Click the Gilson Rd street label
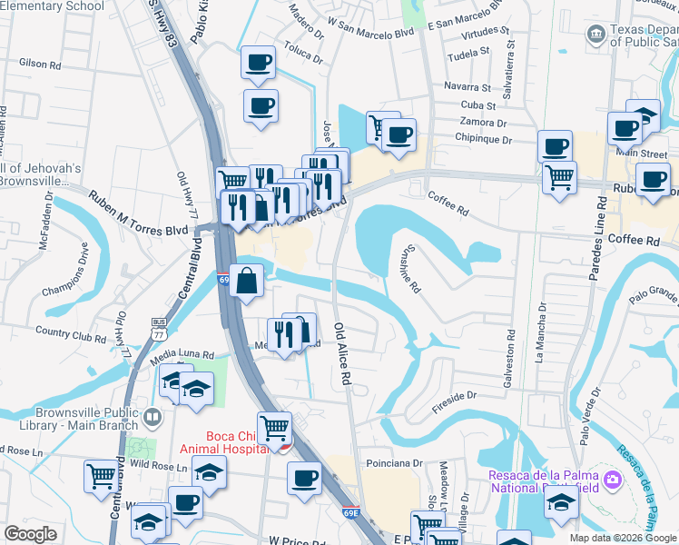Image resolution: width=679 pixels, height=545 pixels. pos(39,64)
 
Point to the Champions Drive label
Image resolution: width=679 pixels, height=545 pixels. pos(70,272)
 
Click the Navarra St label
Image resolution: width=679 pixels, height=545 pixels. pos(468,88)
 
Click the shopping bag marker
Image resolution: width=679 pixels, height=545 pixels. pos(246,281)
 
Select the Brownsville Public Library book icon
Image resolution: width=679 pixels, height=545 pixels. pos(152,420)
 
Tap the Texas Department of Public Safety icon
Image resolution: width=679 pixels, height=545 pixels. pos(597,35)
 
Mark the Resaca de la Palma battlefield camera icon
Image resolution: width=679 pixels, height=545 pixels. pos(614,478)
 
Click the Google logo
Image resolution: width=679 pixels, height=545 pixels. pos(31,534)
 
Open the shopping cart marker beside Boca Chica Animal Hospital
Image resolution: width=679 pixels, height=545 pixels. pos(274,428)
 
